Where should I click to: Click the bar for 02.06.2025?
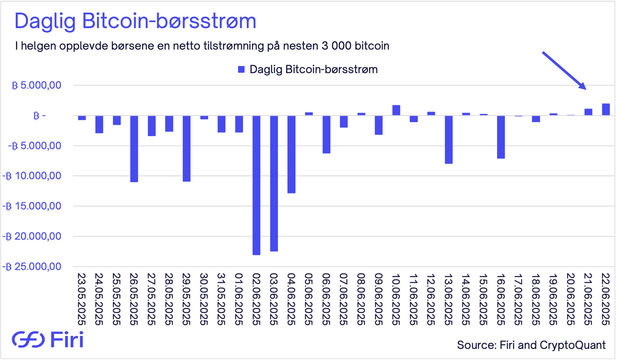click(256, 185)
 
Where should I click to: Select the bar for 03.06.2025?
click(274, 183)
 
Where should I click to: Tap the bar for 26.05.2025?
click(134, 149)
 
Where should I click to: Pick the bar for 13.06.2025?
click(449, 139)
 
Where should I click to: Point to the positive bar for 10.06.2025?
click(396, 110)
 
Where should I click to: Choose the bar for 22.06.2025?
click(606, 109)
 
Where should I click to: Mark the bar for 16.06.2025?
click(501, 137)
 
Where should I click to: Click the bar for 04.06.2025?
click(291, 154)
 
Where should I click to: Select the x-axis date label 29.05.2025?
click(186, 299)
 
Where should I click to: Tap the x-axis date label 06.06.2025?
click(326, 299)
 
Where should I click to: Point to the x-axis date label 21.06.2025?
click(588, 299)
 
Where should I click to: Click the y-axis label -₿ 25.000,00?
click(32, 266)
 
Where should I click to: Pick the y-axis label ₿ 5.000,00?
click(36, 85)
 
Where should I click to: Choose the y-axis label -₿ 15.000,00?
click(32, 206)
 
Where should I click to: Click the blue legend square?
click(241, 69)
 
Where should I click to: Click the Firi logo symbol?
click(28, 339)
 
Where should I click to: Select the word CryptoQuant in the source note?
click(573, 345)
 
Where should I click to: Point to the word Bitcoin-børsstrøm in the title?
click(169, 21)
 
